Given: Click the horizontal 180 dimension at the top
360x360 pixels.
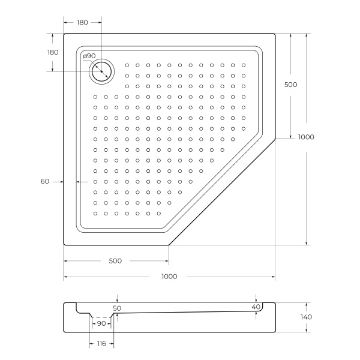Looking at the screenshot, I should point(82,22).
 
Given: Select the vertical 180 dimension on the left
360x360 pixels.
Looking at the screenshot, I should point(53,52).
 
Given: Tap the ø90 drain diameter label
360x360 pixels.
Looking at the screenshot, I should point(89,56).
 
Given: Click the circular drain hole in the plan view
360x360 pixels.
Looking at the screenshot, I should point(102,71).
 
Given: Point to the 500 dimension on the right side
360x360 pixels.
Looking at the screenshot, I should point(290,85).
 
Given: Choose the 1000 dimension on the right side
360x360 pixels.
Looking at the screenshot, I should point(306,137).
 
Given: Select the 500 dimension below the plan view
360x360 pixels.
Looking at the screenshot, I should point(115,261).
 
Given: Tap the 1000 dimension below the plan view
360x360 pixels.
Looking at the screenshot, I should point(169,277).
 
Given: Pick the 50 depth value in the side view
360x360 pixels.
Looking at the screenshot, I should point(117,308).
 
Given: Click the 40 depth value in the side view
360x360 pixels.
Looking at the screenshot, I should point(256,307).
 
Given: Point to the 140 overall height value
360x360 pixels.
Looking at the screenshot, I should point(306,317).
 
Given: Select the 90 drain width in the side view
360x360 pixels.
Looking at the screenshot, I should point(101,323).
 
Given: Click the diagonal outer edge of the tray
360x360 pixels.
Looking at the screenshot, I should point(222,192).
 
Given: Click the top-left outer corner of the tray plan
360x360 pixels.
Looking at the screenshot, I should point(65,35).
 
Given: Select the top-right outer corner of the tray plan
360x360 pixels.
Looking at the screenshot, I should point(274,34).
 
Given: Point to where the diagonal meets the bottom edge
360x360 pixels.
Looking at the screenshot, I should point(169,245).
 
